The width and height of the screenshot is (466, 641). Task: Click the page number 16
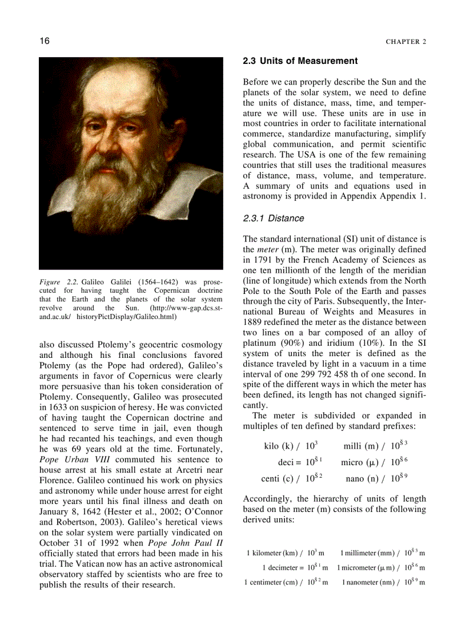tap(44, 41)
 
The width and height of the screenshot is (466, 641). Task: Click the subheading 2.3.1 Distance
tap(274, 219)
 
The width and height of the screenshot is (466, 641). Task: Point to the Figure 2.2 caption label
tap(60, 282)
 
